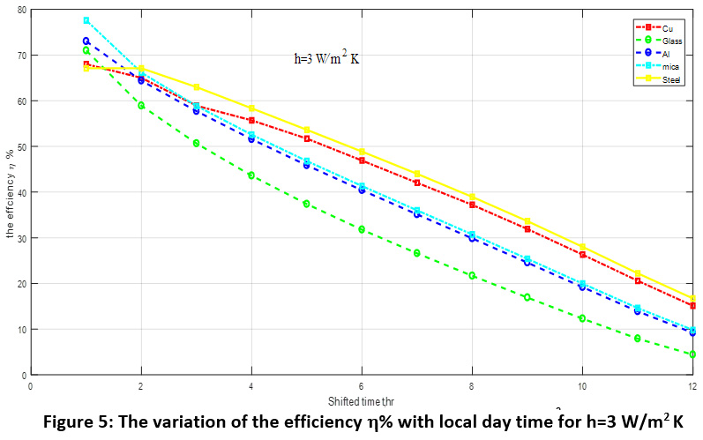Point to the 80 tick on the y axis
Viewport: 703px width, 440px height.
click(21, 10)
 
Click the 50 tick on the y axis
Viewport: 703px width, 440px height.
click(21, 146)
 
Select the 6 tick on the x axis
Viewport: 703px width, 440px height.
click(362, 386)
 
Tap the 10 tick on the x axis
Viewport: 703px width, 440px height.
click(582, 386)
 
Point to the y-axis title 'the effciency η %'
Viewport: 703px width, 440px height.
click(11, 192)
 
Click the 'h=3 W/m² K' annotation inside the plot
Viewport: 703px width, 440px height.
click(326, 60)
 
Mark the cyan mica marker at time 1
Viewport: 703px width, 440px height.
click(86, 20)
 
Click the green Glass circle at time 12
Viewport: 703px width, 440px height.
click(692, 354)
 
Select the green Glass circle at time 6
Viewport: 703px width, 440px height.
click(362, 229)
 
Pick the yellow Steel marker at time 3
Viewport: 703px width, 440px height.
click(197, 87)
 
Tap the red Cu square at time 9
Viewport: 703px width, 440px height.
click(527, 229)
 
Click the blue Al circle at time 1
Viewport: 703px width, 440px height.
click(86, 41)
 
